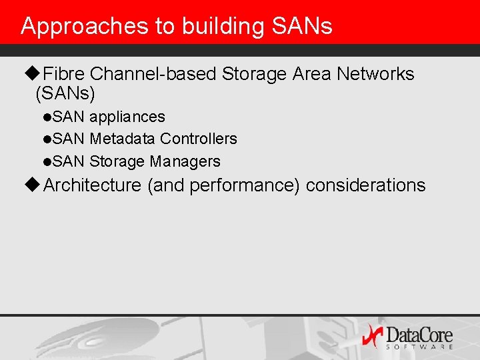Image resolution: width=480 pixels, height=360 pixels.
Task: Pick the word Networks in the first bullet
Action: [x=375, y=74]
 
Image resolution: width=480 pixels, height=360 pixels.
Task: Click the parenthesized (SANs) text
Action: [x=65, y=93]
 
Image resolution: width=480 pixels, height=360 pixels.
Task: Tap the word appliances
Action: [x=127, y=117]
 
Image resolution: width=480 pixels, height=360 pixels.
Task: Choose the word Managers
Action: [x=185, y=161]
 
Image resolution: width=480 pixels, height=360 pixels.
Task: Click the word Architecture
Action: [x=92, y=185]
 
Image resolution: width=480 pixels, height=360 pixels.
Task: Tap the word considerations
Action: [x=365, y=185]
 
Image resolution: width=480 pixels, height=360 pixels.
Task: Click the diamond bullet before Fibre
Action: [x=35, y=74]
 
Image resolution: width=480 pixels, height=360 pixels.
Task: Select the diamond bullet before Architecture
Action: [x=35, y=185]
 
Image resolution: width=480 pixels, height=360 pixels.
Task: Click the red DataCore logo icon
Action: [x=372, y=335]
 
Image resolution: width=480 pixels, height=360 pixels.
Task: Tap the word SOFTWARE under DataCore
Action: [x=419, y=347]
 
